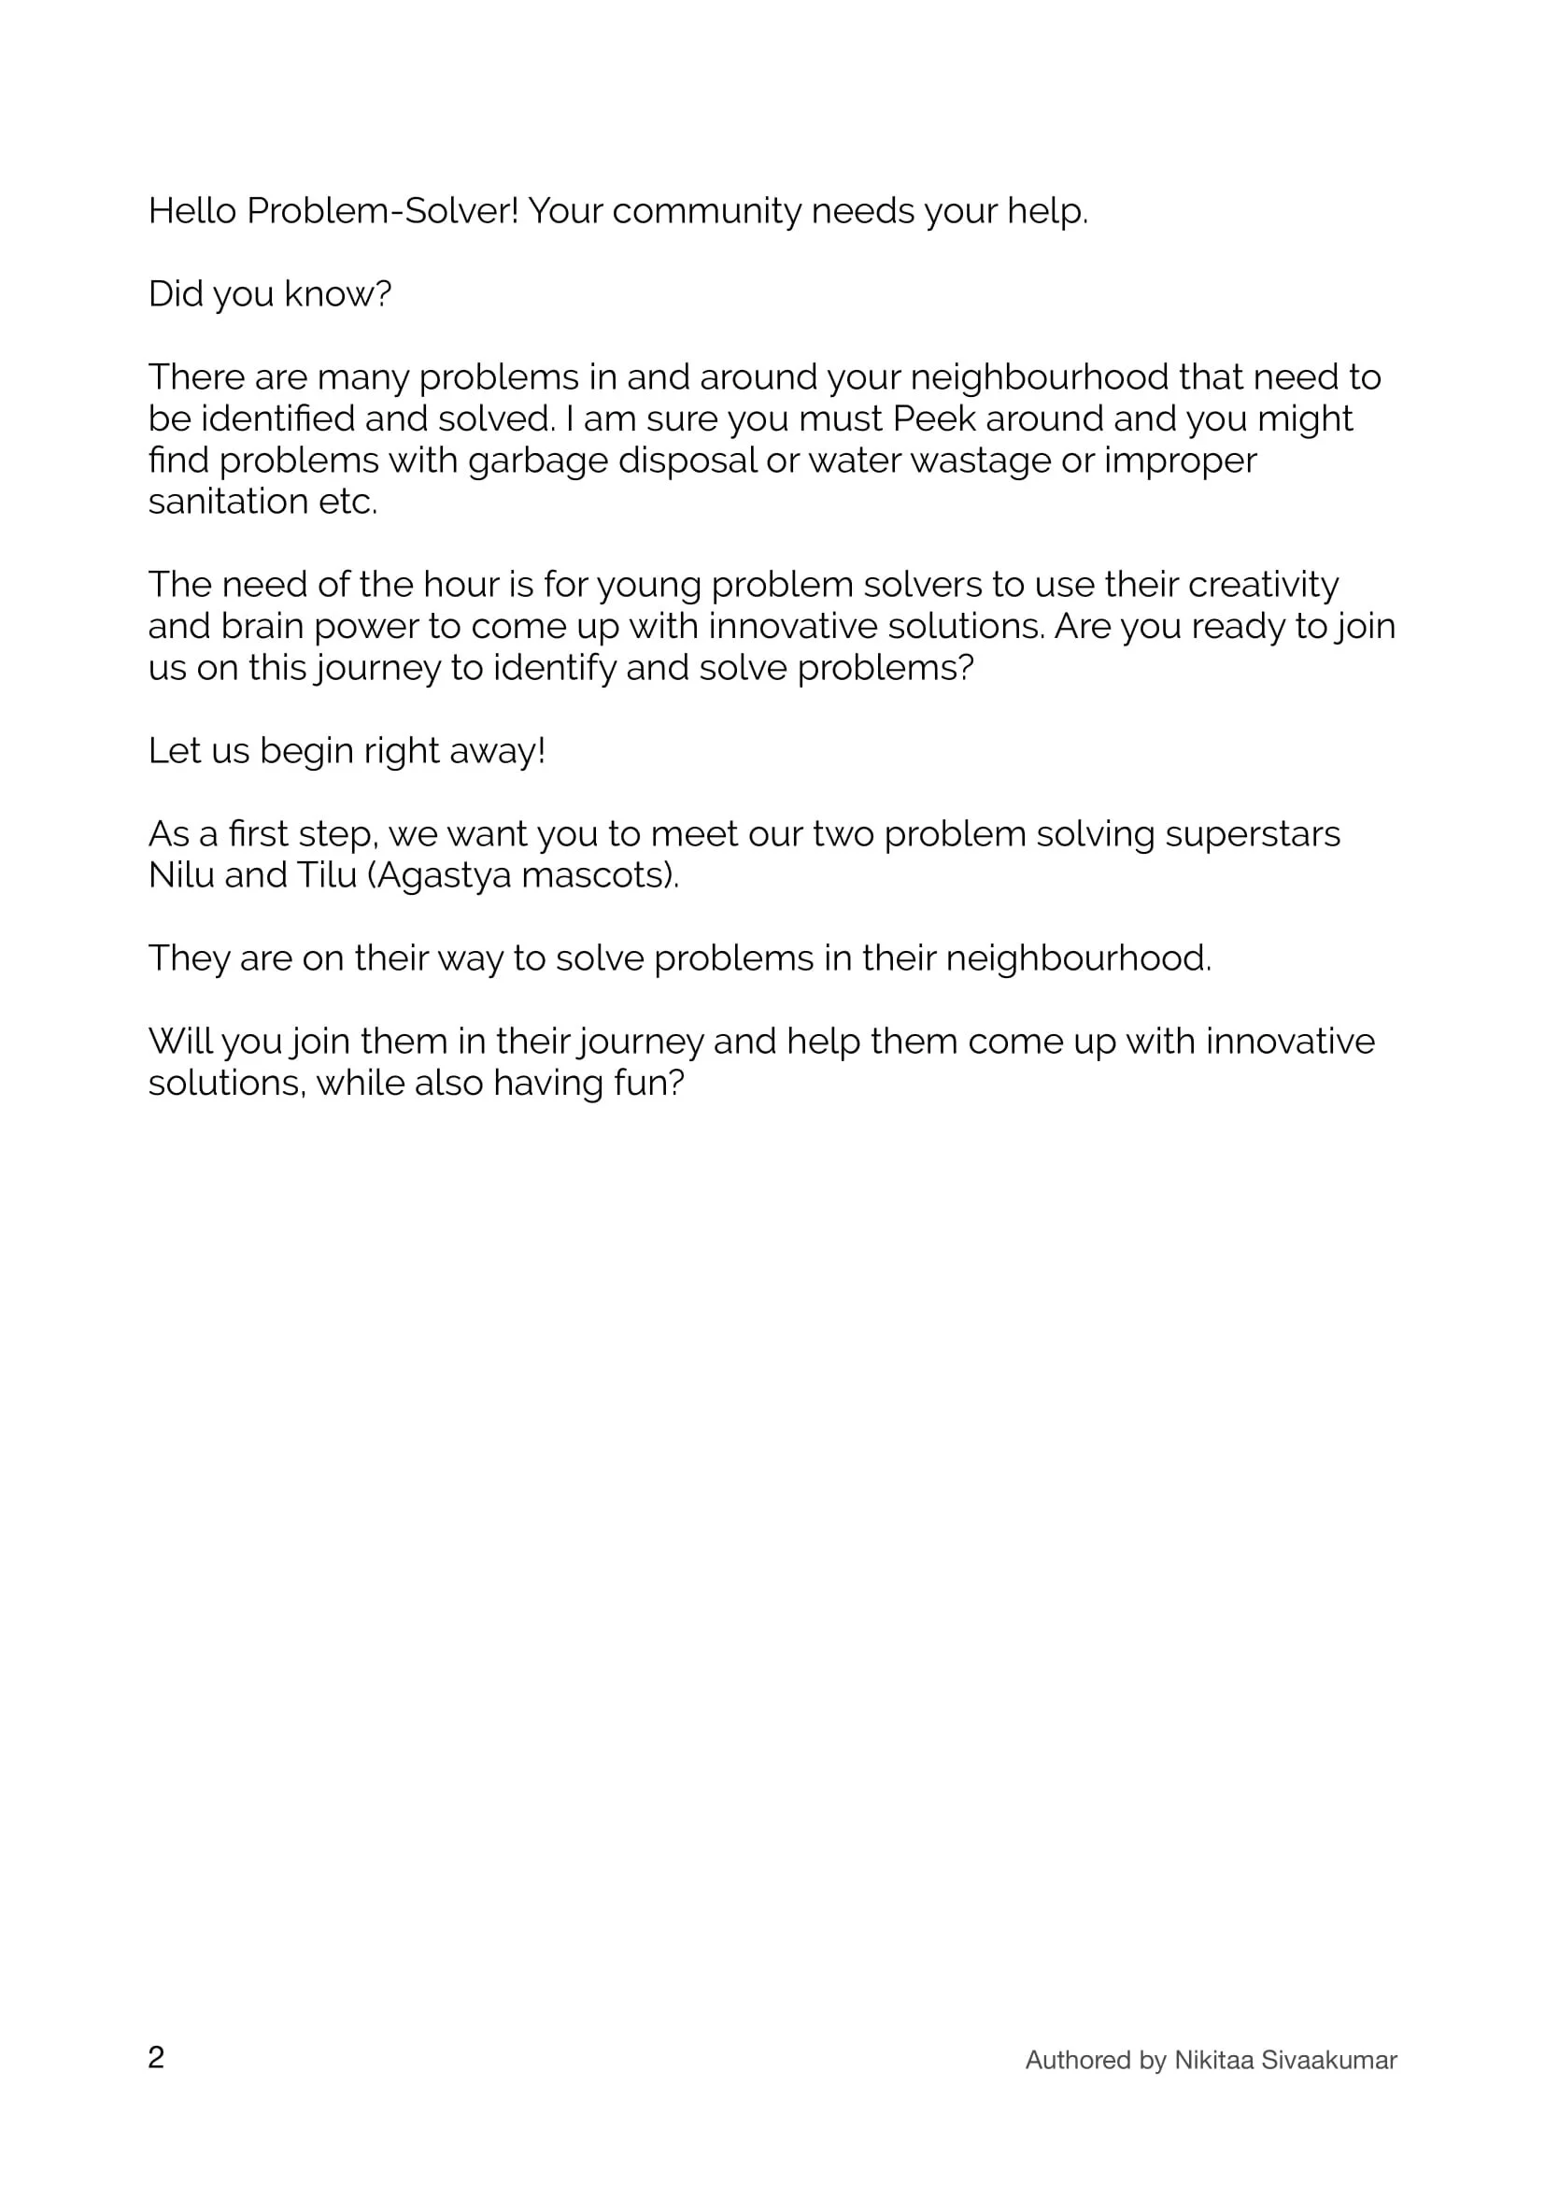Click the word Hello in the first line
pyautogui.click(x=192, y=211)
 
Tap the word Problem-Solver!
pyautogui.click(x=382, y=211)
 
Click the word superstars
pyautogui.click(x=1253, y=833)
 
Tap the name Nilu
pyautogui.click(x=182, y=875)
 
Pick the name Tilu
pyautogui.click(x=326, y=875)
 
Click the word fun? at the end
pyautogui.click(x=649, y=1083)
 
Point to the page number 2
pyautogui.click(x=156, y=2056)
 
